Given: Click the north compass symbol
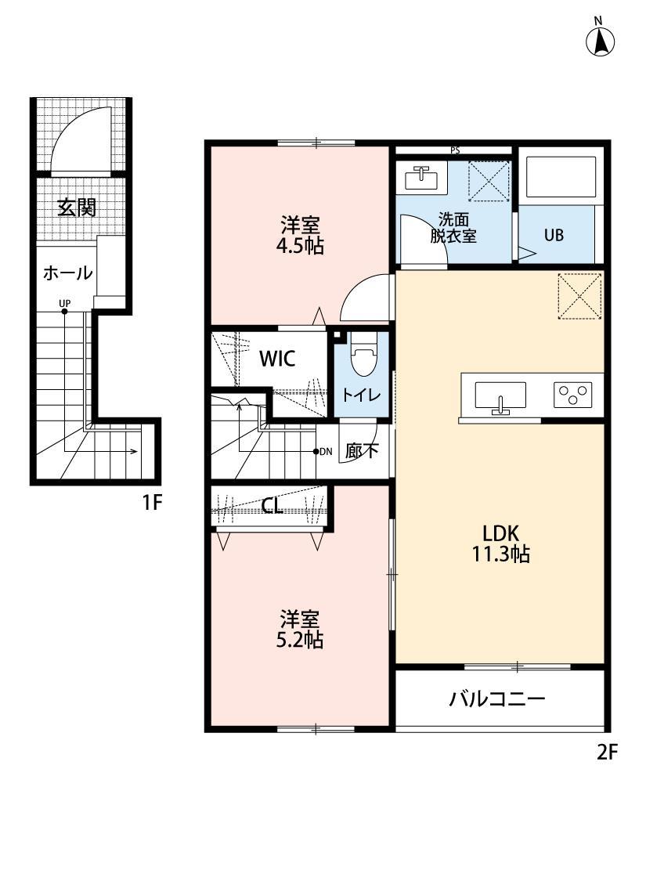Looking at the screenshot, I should tap(600, 41).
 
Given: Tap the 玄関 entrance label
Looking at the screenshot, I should tap(77, 208).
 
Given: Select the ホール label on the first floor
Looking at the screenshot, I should tap(67, 273).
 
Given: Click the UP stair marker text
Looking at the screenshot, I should tap(65, 302).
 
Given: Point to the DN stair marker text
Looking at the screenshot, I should tap(326, 451).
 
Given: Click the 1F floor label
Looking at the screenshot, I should tap(152, 502).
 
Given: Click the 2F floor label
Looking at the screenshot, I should tap(608, 753).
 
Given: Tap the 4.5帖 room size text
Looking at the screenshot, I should tap(301, 247).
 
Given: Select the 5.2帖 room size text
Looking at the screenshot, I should tap(301, 640).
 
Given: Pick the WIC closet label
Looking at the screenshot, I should tap(277, 359).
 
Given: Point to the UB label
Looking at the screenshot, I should tap(554, 235).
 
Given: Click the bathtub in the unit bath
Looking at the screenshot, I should tap(561, 177).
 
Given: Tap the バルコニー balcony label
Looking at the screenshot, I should tap(496, 699).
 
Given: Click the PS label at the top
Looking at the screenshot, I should tap(454, 150).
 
